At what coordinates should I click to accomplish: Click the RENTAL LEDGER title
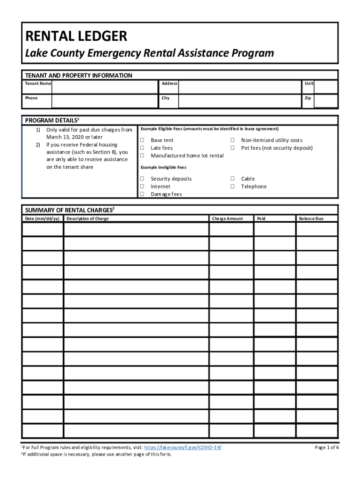pos(76,36)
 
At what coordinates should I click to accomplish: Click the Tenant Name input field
pos(104,87)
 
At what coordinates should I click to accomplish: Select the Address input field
pos(240,87)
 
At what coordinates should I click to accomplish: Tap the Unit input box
pos(326,87)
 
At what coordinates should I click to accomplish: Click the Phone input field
pos(104,101)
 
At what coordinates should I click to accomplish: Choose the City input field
pos(240,101)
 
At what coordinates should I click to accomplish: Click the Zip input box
pos(326,101)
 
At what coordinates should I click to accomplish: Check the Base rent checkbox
pos(142,140)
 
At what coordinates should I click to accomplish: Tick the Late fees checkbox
pos(142,148)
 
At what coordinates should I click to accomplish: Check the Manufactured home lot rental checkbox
pos(142,156)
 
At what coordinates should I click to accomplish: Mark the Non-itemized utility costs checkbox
pos(232,140)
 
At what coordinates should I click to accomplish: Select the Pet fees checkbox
pos(232,148)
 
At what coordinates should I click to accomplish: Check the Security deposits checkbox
pos(142,179)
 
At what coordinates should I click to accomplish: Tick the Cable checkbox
pos(232,179)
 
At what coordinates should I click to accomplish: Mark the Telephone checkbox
pos(232,187)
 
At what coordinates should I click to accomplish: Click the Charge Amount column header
pos(227,218)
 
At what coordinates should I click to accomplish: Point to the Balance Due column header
pos(311,218)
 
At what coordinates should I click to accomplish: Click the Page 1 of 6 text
pos(327,448)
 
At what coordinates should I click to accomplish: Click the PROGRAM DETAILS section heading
pos(52,120)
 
